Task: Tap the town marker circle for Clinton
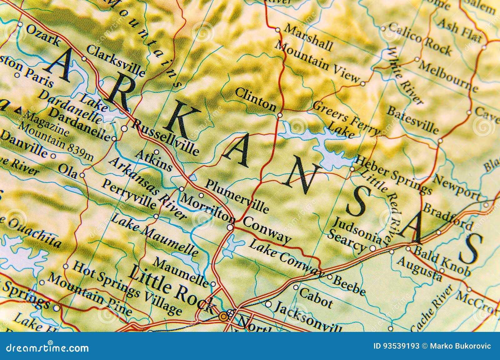280,115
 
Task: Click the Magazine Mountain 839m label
56,137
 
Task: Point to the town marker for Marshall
277,30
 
